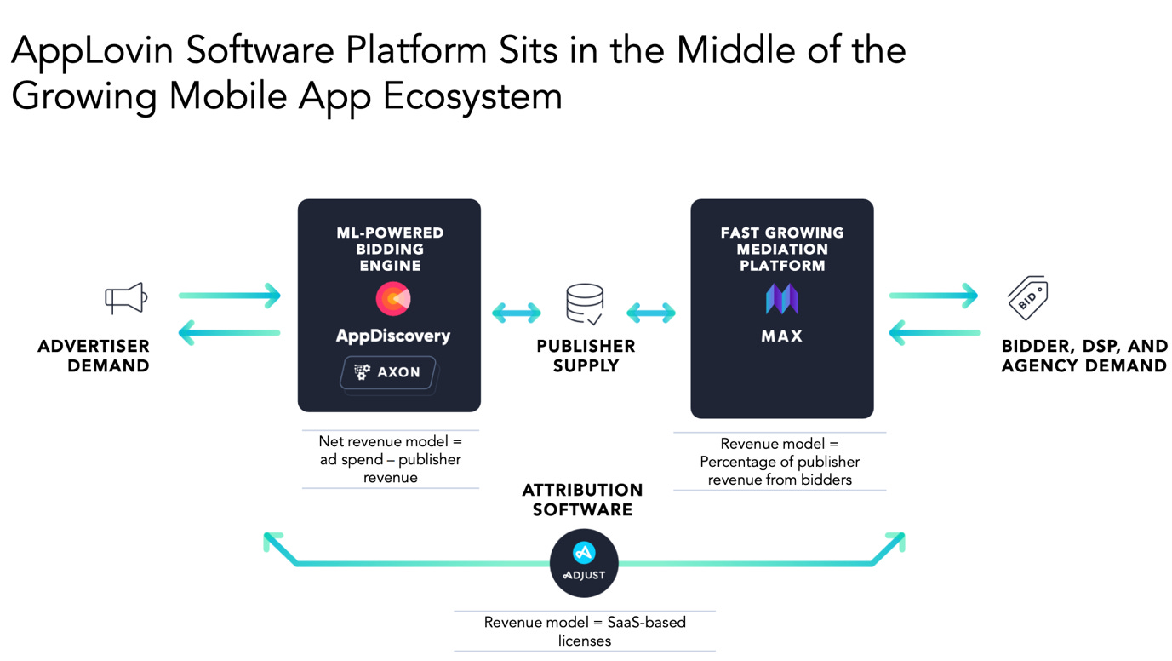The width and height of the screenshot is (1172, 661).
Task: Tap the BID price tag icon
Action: pos(1027,298)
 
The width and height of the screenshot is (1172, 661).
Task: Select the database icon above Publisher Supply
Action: pos(585,304)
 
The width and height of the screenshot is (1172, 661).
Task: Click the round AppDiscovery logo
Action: pos(392,299)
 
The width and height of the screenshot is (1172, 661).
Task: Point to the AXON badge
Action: pos(388,372)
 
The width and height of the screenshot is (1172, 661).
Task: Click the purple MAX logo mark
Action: pos(781,298)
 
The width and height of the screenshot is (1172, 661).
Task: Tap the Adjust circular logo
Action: pos(584,563)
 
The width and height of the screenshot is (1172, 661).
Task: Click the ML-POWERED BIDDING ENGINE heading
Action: pos(390,249)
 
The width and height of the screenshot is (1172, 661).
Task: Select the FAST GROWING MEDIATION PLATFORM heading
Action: pos(781,249)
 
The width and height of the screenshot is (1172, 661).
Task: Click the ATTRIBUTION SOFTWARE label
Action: pos(582,500)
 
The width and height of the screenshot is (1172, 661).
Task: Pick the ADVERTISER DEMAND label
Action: pos(94,356)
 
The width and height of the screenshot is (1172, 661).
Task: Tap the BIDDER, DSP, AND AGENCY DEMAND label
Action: pos(1084,356)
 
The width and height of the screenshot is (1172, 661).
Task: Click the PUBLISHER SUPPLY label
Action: pos(586,356)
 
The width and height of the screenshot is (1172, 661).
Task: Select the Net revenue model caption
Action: pos(390,459)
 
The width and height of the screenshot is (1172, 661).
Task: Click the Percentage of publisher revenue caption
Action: pos(780,462)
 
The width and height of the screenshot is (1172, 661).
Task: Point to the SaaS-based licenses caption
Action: pos(585,631)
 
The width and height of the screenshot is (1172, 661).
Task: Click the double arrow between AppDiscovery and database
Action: pos(517,313)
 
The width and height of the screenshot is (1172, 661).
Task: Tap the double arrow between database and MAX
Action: pos(651,313)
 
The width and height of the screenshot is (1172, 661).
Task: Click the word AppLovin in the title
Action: pos(93,51)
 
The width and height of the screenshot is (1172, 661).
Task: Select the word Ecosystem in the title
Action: pos(472,96)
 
